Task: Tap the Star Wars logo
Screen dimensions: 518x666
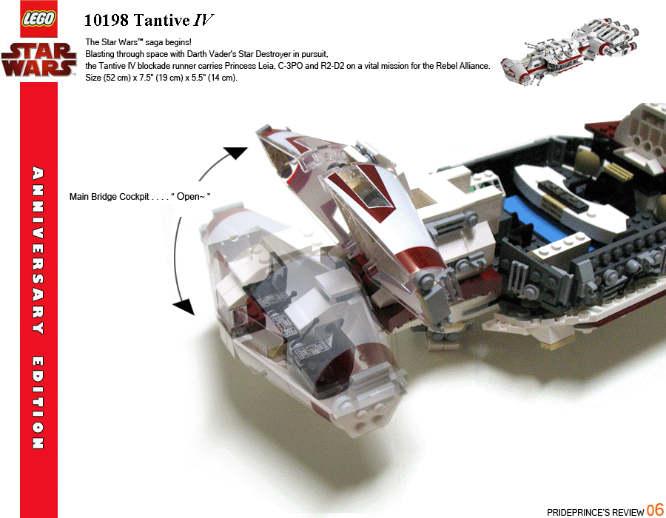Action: click(x=39, y=60)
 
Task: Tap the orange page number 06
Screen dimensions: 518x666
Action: click(x=655, y=510)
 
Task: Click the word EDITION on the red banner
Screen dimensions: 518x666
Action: click(x=38, y=403)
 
